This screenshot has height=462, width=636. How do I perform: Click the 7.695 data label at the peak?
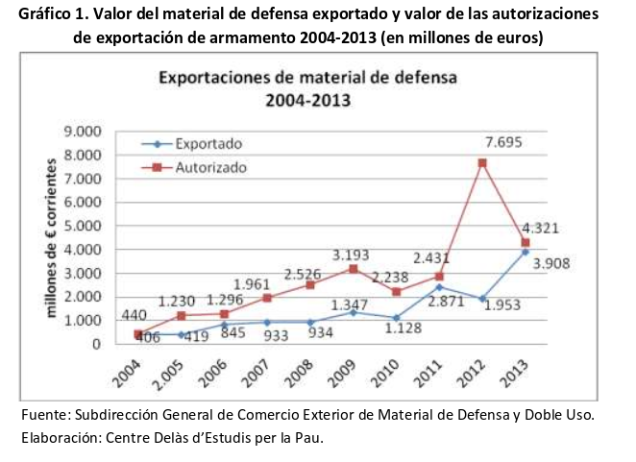click(502, 142)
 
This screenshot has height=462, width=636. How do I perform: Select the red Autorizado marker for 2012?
click(482, 163)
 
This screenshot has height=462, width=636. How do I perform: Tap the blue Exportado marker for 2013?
click(526, 252)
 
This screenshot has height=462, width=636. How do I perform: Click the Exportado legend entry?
click(207, 144)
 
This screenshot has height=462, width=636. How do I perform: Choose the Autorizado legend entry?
click(210, 167)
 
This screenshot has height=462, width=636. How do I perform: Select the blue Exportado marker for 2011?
click(438, 286)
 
